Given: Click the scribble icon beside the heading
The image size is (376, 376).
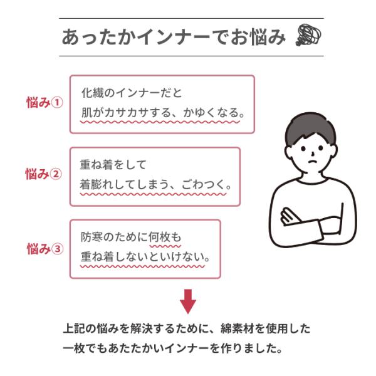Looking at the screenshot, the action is [308, 34].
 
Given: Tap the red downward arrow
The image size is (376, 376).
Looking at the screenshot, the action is [188, 301].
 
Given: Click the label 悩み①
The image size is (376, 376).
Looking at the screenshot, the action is [44, 103].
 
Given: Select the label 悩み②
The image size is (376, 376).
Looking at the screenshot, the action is [43, 174].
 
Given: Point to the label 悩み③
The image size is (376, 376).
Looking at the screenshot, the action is [45, 248].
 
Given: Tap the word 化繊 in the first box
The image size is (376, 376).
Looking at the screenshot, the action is [92, 93].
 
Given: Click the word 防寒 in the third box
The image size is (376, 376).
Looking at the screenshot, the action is [91, 237].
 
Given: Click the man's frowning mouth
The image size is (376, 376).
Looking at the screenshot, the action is [311, 162].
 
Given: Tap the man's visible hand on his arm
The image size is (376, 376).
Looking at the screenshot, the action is [290, 216].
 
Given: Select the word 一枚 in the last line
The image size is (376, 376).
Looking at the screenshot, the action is [73, 348].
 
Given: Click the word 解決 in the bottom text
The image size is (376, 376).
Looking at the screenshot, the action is [142, 329].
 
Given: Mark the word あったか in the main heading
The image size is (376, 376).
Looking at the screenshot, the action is [100, 37].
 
